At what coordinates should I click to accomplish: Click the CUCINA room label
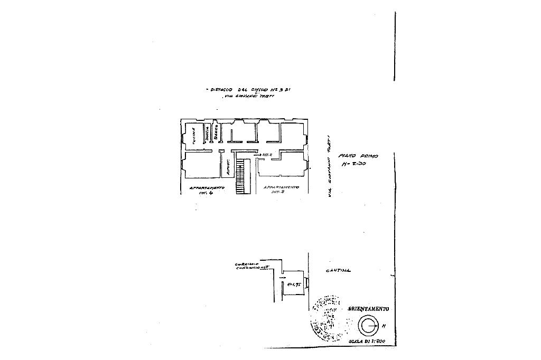tap(194, 136)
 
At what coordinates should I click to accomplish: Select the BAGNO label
tap(216, 132)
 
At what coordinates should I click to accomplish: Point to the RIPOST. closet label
tap(227, 168)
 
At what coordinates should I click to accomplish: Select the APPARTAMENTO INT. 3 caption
tap(281, 190)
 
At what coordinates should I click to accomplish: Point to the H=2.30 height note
tap(354, 165)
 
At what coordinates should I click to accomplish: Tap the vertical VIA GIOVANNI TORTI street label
tap(330, 166)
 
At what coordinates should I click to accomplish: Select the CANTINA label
tap(338, 271)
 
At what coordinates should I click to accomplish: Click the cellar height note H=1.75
tap(294, 284)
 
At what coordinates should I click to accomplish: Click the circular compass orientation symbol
tap(368, 326)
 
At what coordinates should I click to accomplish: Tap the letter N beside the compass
tap(384, 326)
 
